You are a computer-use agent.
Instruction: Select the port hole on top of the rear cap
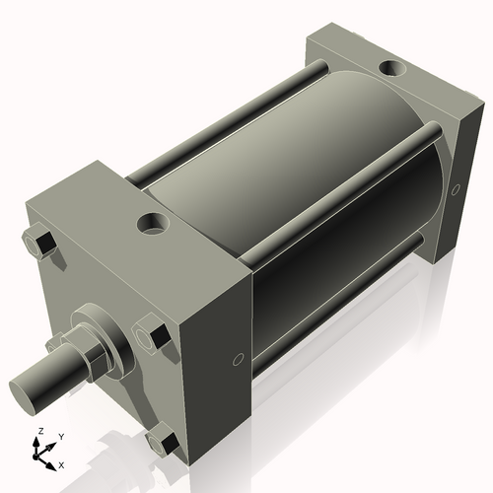pos(392,69)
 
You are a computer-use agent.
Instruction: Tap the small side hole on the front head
pos(237,360)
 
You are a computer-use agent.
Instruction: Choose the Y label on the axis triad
pos(60,436)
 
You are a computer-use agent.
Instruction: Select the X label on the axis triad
pos(62,463)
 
